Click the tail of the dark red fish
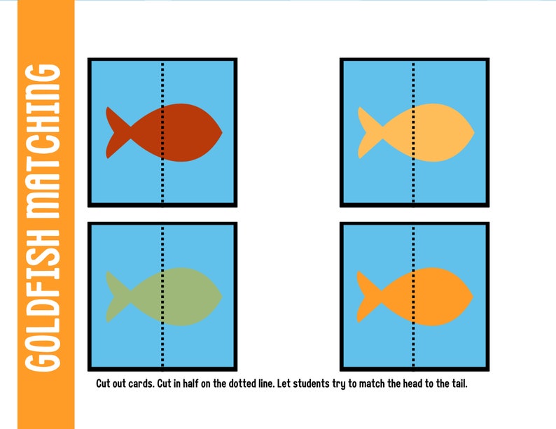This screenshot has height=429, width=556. click(113, 132)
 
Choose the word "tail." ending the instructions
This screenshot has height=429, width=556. click(465, 384)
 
